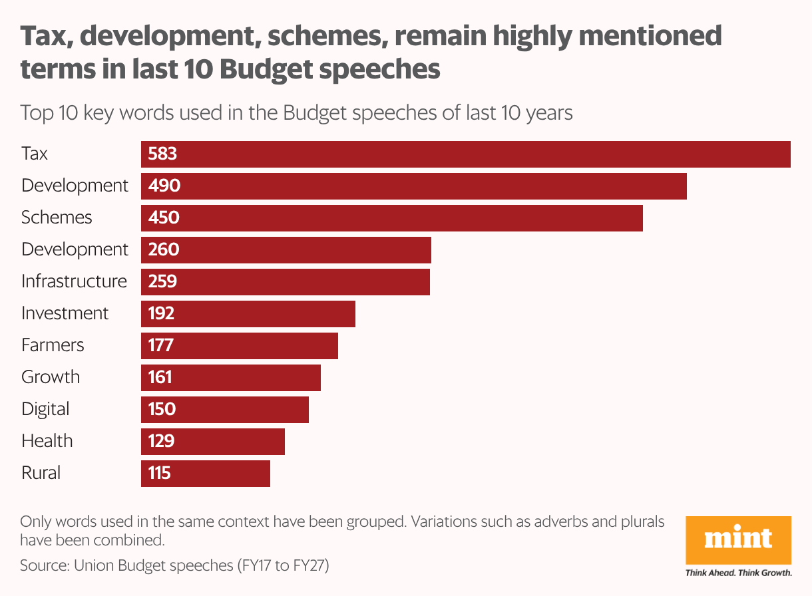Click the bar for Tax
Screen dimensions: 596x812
tap(466, 154)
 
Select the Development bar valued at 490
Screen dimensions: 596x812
tap(413, 186)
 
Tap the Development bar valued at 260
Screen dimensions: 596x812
tap(286, 249)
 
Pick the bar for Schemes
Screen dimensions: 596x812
tap(392, 218)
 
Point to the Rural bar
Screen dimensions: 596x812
tap(206, 473)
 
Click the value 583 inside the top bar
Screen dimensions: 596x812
tap(163, 154)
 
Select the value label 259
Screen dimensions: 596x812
tap(163, 281)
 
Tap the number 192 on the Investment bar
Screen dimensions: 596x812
tap(162, 313)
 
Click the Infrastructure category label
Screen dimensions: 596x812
tap(74, 281)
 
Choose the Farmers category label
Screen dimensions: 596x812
tap(53, 345)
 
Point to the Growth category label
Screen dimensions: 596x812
tap(51, 377)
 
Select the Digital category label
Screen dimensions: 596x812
tap(45, 409)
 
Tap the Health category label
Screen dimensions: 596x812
tap(47, 441)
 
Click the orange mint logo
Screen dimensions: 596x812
tap(738, 539)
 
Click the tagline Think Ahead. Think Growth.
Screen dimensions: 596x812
tap(738, 573)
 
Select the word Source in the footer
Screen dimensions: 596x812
tap(43, 566)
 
